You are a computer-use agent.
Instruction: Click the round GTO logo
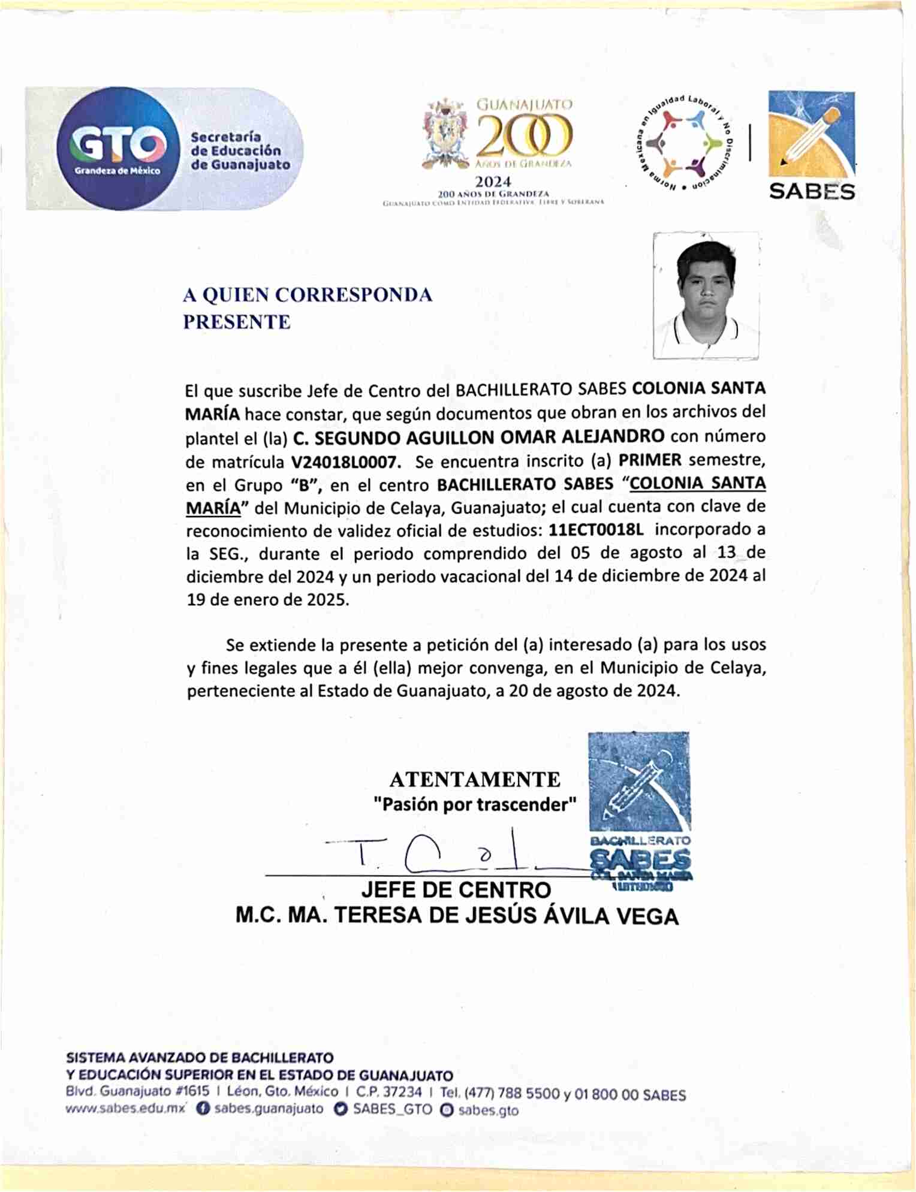tap(117, 148)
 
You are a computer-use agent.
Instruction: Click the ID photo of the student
tap(706, 295)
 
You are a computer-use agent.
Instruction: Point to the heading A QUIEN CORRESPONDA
tap(308, 295)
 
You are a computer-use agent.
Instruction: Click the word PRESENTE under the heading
tap(237, 322)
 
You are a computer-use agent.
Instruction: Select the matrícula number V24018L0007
tap(345, 462)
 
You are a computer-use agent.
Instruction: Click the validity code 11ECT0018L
tap(596, 530)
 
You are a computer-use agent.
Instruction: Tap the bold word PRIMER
tap(650, 460)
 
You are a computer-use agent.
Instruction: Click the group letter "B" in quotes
tap(303, 485)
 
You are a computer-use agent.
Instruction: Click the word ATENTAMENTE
tap(475, 780)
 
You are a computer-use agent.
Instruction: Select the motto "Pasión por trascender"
tap(475, 804)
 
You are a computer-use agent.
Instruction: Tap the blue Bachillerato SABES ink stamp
tap(639, 809)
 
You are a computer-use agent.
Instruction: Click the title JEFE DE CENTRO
tap(456, 890)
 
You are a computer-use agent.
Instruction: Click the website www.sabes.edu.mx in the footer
tap(125, 1109)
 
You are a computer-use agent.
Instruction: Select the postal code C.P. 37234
tap(388, 1093)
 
